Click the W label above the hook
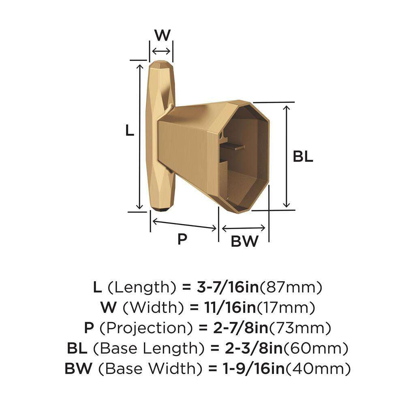pyautogui.click(x=162, y=35)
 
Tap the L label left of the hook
pyautogui.click(x=129, y=131)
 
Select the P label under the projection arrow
pyautogui.click(x=182, y=240)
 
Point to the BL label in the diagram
pyautogui.click(x=303, y=157)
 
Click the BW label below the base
pyautogui.click(x=244, y=242)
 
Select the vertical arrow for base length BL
pyautogui.click(x=287, y=156)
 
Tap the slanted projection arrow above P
pyautogui.click(x=184, y=224)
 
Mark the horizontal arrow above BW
pyautogui.click(x=244, y=228)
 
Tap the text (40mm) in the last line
pyautogui.click(x=321, y=369)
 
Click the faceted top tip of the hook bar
pyautogui.click(x=162, y=65)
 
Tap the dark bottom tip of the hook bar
pyautogui.click(x=162, y=209)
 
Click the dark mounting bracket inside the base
pyautogui.click(x=234, y=147)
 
